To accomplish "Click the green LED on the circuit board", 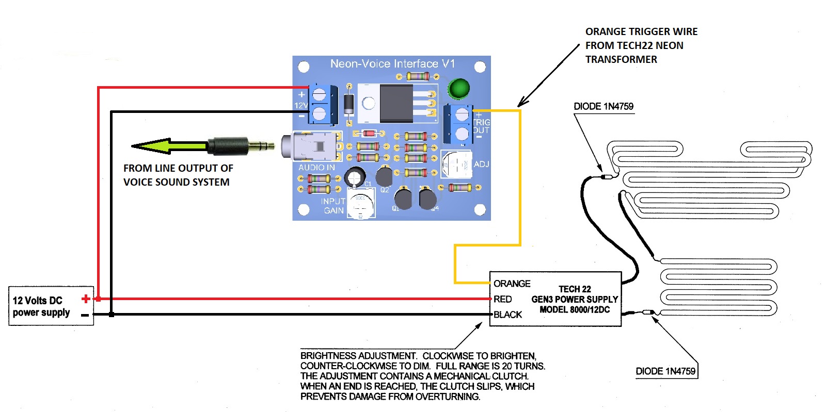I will pyautogui.click(x=458, y=89).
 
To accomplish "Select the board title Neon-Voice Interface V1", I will pyautogui.click(x=392, y=64).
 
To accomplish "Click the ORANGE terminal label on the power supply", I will pyautogui.click(x=512, y=284).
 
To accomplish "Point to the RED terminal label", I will pyautogui.click(x=502, y=299).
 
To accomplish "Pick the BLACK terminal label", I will pyautogui.click(x=507, y=315).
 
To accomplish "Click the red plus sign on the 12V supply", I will pyautogui.click(x=86, y=299).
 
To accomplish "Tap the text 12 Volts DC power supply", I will pyautogui.click(x=41, y=306).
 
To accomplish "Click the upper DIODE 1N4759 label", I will pyautogui.click(x=604, y=107).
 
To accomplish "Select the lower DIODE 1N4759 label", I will pyautogui.click(x=665, y=371).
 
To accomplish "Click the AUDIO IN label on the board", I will pyautogui.click(x=316, y=168).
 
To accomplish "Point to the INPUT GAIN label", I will pyautogui.click(x=333, y=206).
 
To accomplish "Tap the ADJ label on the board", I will pyautogui.click(x=481, y=164).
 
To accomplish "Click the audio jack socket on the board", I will pyautogui.click(x=310, y=146).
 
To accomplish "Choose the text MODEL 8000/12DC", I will pyautogui.click(x=575, y=310).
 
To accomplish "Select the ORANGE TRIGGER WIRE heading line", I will pyautogui.click(x=641, y=32).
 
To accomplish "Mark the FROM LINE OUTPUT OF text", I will pyautogui.click(x=178, y=169).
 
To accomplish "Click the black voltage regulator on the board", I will pyautogui.click(x=396, y=103).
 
